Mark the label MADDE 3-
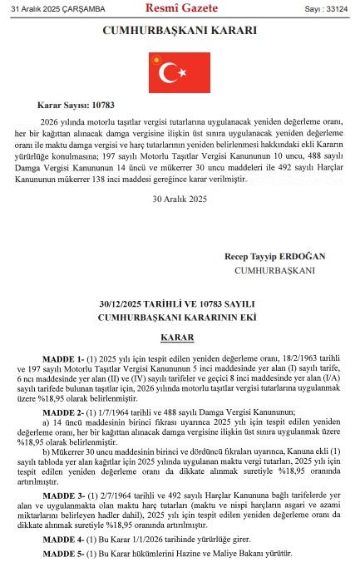tap(65, 495)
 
